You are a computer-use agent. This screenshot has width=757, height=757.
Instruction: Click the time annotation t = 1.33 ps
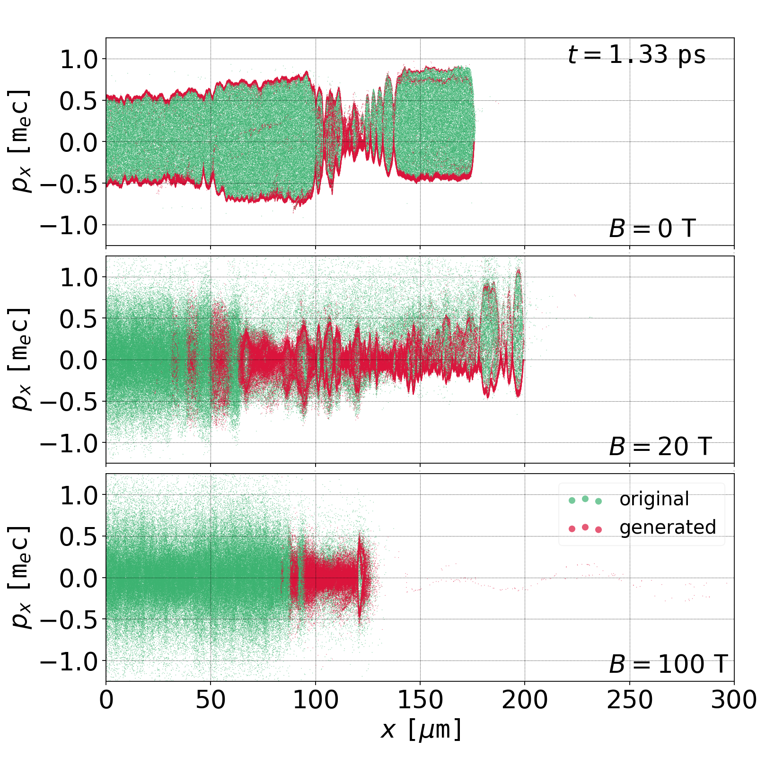(x=636, y=55)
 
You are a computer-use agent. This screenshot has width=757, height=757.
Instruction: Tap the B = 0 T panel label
(x=652, y=229)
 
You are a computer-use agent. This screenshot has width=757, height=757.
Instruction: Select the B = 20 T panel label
(x=660, y=447)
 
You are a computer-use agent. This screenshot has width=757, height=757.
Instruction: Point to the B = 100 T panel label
(x=668, y=664)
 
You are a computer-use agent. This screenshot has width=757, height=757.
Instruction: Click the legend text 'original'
(x=654, y=499)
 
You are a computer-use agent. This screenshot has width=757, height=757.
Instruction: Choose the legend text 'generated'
(x=668, y=527)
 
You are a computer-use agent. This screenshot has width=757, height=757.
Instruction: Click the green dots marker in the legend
(x=585, y=500)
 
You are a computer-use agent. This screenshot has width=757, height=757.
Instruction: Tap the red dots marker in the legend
(x=585, y=528)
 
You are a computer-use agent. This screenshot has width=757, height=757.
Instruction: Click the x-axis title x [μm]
(x=421, y=730)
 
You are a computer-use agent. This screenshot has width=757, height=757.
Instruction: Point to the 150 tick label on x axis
(x=420, y=700)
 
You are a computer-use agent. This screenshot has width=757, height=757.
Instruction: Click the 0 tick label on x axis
(x=106, y=700)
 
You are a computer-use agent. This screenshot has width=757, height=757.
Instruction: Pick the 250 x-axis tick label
(x=629, y=700)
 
